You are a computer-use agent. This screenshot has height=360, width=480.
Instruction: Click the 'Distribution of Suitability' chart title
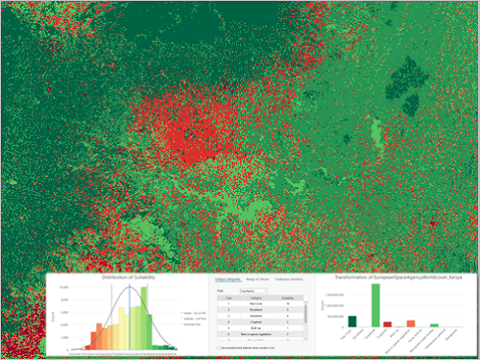[129, 278]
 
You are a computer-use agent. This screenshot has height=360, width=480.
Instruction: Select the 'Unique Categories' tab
[228, 278]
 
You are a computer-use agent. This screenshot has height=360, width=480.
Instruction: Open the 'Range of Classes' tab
[256, 278]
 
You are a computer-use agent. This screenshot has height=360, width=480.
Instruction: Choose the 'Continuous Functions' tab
[290, 278]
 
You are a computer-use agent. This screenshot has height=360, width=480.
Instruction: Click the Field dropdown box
[252, 289]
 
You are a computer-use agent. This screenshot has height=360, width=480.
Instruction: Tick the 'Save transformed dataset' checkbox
[220, 347]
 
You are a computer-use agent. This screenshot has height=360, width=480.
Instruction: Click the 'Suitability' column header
[288, 298]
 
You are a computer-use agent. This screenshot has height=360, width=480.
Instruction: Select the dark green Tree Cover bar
[352, 322]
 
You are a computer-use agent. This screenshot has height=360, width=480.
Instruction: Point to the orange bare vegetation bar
[411, 324]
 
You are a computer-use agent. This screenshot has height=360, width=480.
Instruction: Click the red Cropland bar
[388, 324]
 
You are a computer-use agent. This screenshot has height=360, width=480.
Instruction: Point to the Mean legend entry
[181, 310]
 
